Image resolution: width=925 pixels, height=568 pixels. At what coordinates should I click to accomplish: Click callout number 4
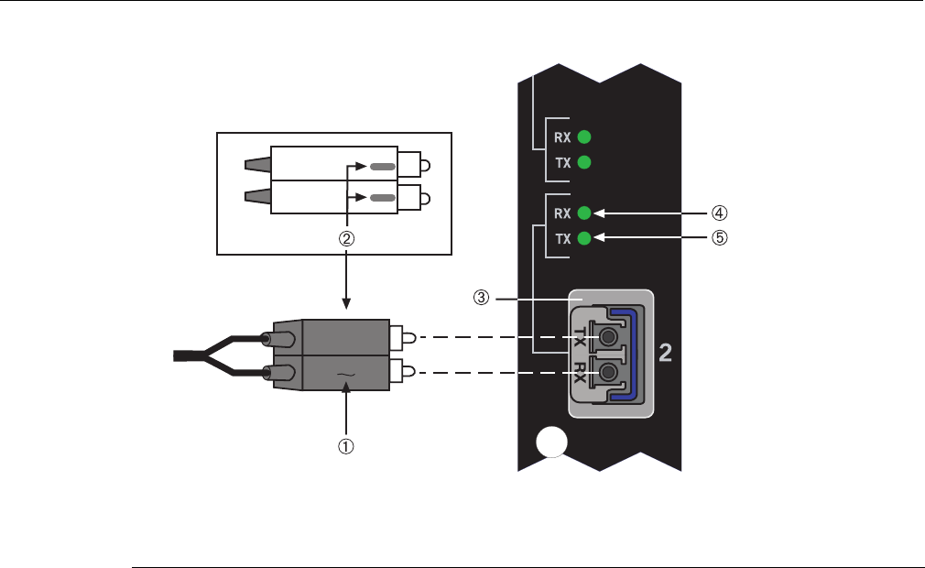pos(719,213)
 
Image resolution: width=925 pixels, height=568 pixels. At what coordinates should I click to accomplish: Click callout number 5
pos(719,237)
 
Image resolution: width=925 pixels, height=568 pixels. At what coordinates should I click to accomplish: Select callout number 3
pos(482,298)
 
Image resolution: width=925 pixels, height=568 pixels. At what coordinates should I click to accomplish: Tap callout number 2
pos(346,238)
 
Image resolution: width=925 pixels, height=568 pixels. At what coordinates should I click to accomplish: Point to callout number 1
pos(345,446)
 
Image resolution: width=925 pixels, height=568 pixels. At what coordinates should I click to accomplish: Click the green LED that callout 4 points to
pos(584,213)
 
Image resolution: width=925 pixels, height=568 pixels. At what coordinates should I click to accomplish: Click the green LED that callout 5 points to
pos(584,238)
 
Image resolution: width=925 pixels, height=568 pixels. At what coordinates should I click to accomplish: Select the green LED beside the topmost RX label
pos(584,137)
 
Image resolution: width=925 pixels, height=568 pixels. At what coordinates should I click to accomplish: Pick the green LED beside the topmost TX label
pos(584,162)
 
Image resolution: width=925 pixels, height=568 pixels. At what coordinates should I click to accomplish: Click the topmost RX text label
pos(562,137)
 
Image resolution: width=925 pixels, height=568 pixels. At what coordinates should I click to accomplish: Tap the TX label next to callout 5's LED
pos(563,239)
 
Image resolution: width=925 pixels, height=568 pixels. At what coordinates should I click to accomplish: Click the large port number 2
pos(665,353)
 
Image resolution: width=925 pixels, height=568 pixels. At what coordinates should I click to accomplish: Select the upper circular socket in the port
pos(608,337)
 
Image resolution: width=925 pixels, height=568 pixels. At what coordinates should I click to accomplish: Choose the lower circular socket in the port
pos(608,372)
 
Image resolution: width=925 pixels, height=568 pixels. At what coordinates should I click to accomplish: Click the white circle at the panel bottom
pos(551,442)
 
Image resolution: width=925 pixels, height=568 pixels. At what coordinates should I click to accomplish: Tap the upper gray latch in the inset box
pos(383,167)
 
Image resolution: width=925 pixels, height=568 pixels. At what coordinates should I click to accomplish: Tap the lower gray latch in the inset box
pos(383,198)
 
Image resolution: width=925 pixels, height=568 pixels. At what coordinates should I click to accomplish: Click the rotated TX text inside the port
pos(580,336)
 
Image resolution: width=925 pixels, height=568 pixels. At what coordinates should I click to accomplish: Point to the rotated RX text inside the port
pos(580,372)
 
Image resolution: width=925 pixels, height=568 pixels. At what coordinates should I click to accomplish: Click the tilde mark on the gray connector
pos(345,375)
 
